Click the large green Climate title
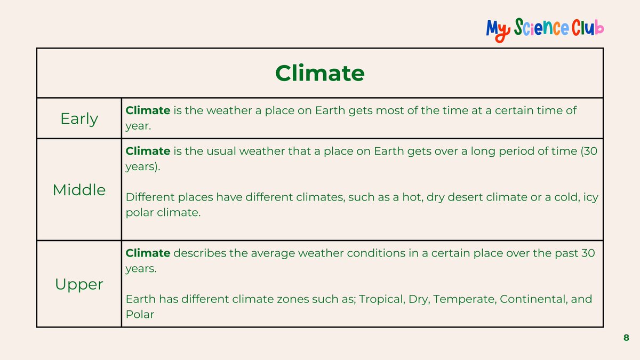(x=319, y=73)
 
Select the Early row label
(x=79, y=118)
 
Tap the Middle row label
(x=79, y=189)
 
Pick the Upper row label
(x=79, y=284)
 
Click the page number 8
(x=626, y=338)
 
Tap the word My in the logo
(x=498, y=29)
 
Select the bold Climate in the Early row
(x=148, y=110)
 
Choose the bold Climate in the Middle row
(x=148, y=151)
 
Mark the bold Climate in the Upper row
(x=148, y=253)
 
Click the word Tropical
(x=381, y=299)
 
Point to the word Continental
(x=533, y=299)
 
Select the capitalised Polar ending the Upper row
(x=140, y=315)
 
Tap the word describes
(x=200, y=253)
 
